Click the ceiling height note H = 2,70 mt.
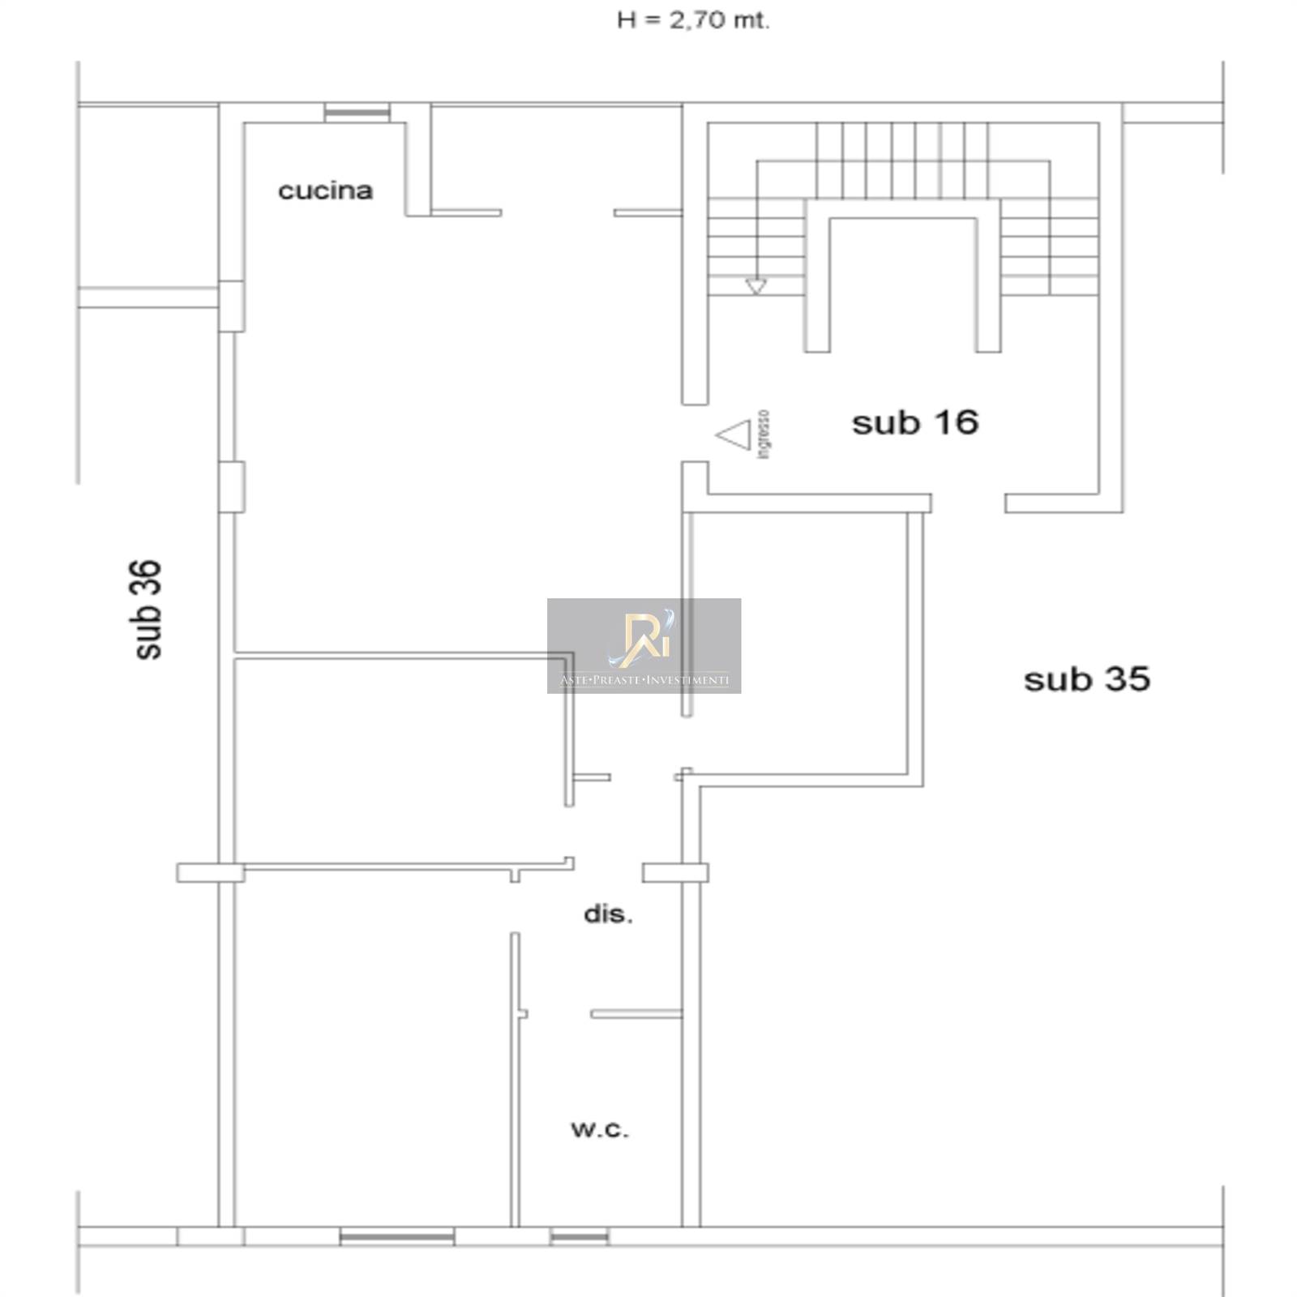tap(693, 21)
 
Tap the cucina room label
tap(325, 190)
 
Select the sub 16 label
tap(915, 422)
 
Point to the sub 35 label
tap(1087, 679)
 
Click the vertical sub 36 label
tap(148, 610)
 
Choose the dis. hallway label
tap(608, 914)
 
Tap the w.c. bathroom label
tap(600, 1129)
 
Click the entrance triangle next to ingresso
tap(734, 435)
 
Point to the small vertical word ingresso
tap(764, 434)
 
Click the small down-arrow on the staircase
tap(756, 285)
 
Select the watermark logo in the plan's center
tap(644, 645)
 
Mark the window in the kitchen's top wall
tap(357, 113)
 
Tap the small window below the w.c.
tap(579, 1236)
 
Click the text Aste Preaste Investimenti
tap(644, 680)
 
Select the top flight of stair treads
tap(902, 141)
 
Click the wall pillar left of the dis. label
tap(210, 872)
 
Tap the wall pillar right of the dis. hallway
tap(675, 872)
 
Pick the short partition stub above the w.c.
tap(636, 1013)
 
